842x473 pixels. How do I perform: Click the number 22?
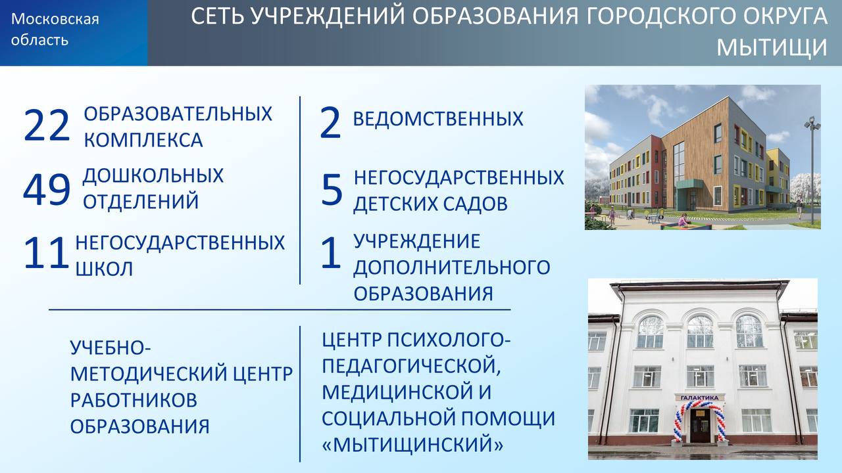(x=47, y=125)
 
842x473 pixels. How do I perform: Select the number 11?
(x=46, y=253)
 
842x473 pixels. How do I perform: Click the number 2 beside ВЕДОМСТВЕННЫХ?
(x=330, y=123)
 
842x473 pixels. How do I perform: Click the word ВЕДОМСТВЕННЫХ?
(x=438, y=119)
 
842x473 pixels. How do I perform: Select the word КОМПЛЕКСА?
(x=143, y=140)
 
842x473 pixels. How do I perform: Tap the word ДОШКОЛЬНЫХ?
(x=153, y=175)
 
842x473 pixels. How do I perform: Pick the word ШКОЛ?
(x=104, y=269)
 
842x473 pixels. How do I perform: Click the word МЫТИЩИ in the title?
(x=772, y=47)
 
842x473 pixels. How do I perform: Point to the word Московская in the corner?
(x=55, y=19)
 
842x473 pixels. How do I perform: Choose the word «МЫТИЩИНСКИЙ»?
(x=412, y=443)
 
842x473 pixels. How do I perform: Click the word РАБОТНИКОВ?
(x=134, y=400)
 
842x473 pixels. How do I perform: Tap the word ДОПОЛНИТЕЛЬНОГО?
(x=452, y=267)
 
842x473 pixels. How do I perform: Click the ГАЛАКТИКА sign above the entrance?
(x=699, y=397)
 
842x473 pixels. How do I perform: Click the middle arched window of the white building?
(x=700, y=332)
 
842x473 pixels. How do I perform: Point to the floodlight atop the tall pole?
(x=812, y=124)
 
